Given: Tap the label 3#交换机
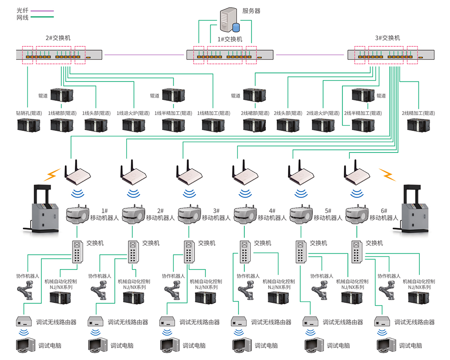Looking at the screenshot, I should click(x=387, y=38).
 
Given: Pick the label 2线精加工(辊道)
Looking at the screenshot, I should click(x=417, y=113).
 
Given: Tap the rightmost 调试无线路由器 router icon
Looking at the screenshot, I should click(x=383, y=322).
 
